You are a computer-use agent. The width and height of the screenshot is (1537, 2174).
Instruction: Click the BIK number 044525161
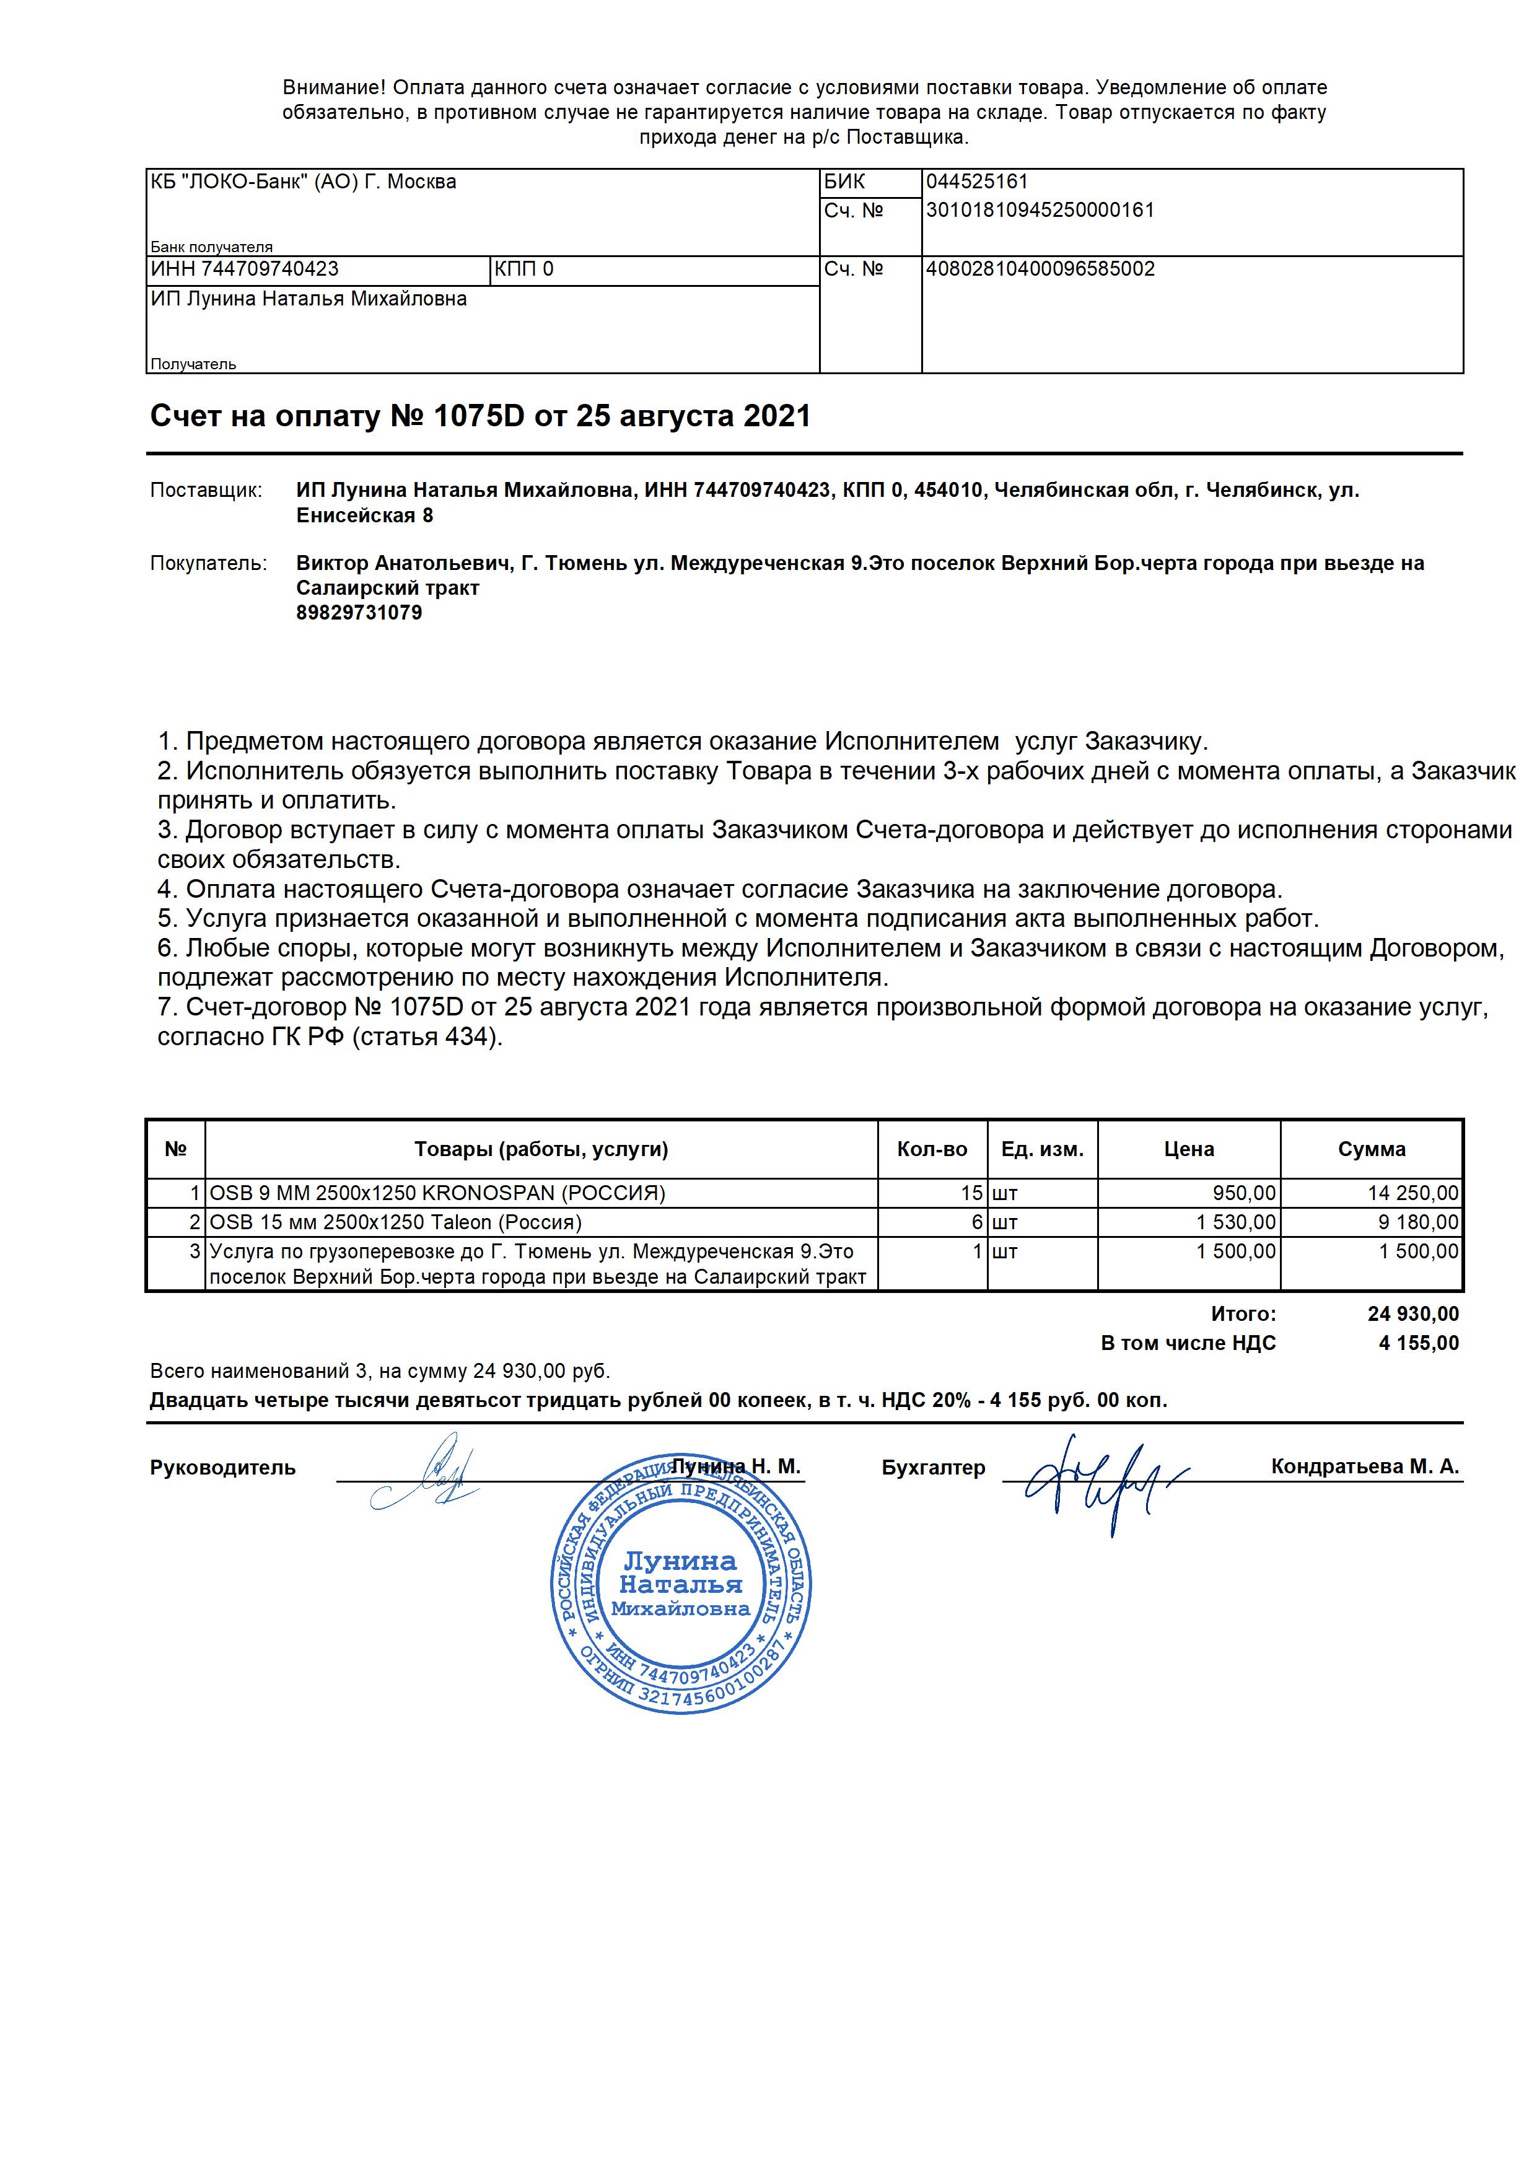(x=976, y=182)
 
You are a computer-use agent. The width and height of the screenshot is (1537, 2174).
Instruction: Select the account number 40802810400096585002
(x=1040, y=269)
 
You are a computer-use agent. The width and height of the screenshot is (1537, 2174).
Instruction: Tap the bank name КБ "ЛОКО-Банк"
(x=230, y=182)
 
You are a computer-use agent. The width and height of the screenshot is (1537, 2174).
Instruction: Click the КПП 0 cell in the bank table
(x=523, y=269)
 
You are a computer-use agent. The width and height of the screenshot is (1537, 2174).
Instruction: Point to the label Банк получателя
(x=211, y=247)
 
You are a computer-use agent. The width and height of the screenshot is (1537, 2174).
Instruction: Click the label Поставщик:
(x=206, y=491)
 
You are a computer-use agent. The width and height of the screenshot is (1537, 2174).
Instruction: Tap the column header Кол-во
(x=932, y=1149)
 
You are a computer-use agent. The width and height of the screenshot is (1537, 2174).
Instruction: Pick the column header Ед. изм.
(x=1042, y=1149)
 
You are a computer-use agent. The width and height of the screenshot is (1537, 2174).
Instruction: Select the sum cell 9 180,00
(x=1417, y=1222)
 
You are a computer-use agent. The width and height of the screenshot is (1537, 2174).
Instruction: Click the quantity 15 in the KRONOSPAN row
(x=973, y=1193)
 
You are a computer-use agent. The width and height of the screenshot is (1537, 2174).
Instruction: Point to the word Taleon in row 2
(x=460, y=1222)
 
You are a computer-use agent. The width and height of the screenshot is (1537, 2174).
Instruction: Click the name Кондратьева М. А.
(x=1365, y=1466)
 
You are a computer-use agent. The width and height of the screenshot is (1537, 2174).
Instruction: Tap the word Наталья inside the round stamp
(x=680, y=1585)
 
